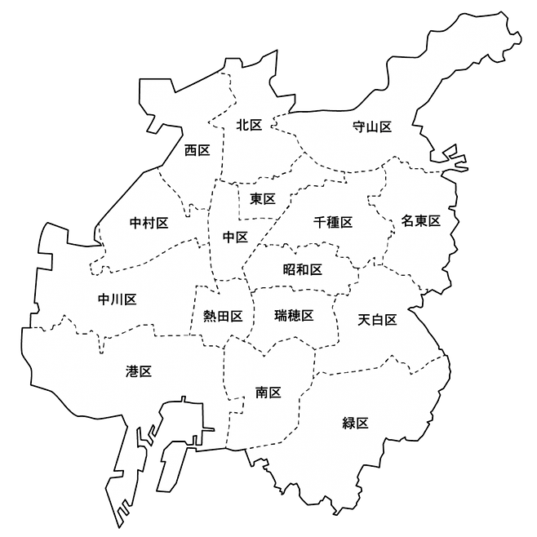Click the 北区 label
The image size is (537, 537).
click(249, 125)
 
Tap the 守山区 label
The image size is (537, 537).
click(372, 126)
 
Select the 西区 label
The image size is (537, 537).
click(197, 150)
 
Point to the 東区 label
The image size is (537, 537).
click(263, 198)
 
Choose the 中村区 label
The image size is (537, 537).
click(149, 222)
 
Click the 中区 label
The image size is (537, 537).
click(235, 237)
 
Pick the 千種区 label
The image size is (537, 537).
click(333, 222)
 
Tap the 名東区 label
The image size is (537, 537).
click(420, 221)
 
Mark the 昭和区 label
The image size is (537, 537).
click(303, 269)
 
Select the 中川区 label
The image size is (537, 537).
click(117, 300)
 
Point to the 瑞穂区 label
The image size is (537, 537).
click(294, 315)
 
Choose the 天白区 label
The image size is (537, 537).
click(377, 320)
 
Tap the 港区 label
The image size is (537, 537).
click(139, 371)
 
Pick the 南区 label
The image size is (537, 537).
click(268, 393)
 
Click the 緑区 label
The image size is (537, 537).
click(356, 423)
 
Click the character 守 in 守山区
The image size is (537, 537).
click(359, 126)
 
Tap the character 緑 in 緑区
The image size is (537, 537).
click(349, 423)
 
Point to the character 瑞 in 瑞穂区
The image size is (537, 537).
click(281, 315)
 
